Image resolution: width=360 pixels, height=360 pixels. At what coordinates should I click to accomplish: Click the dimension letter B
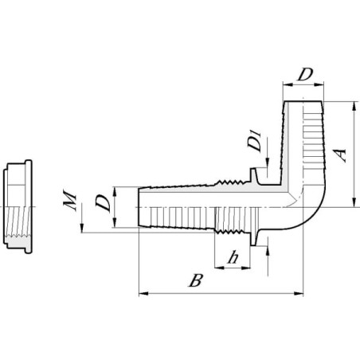[196, 280]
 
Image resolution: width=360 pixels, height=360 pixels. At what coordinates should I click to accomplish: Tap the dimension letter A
[340, 155]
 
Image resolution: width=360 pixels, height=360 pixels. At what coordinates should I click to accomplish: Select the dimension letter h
[233, 257]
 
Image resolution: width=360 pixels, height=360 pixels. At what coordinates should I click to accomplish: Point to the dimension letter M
[70, 200]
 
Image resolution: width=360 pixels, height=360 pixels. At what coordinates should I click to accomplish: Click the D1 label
[255, 140]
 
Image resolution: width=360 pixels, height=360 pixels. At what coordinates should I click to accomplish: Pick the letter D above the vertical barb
[305, 74]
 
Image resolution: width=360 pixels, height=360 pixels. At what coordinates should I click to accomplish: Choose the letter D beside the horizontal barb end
[103, 203]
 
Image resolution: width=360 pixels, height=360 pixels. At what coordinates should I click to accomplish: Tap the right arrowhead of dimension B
[299, 293]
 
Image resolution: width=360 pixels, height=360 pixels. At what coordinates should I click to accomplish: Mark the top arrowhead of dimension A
[354, 106]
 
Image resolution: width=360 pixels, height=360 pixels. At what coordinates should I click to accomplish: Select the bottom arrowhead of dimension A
[354, 202]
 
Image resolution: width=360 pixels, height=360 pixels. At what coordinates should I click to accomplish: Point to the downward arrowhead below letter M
[82, 228]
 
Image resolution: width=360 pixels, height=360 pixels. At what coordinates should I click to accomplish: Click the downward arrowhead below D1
[268, 162]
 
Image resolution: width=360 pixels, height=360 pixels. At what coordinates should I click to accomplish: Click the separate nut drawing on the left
[18, 206]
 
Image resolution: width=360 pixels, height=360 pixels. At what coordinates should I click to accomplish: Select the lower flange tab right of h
[254, 238]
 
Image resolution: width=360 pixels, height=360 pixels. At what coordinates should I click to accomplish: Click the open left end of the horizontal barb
[139, 207]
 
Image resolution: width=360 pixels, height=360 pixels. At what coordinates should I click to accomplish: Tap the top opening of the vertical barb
[303, 101]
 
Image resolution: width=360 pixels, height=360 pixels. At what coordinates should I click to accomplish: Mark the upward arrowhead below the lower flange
[268, 251]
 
